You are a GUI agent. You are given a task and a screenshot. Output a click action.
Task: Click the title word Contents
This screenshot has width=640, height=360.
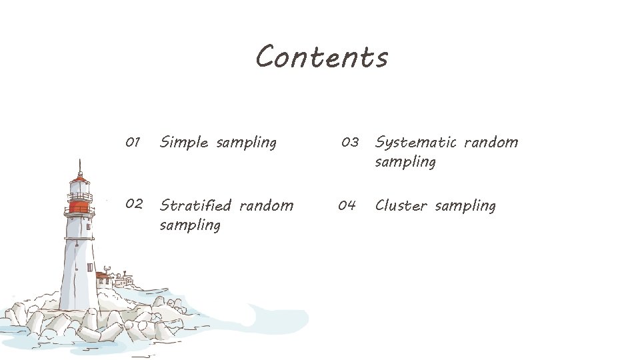[x=321, y=57]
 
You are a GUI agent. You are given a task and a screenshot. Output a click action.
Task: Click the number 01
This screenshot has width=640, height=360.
[x=133, y=142]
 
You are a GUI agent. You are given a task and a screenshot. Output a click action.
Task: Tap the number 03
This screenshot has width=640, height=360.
[x=350, y=142]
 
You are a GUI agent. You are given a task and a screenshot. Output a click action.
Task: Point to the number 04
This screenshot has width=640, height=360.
[x=347, y=205]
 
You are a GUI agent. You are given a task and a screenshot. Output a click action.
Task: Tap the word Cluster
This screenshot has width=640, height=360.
[x=401, y=205]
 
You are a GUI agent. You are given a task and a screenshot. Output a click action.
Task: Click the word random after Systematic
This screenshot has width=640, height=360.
[x=491, y=142]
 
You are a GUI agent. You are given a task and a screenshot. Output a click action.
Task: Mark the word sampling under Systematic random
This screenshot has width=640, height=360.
[x=405, y=162]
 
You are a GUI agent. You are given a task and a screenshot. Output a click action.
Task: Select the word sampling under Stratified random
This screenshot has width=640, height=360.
[x=190, y=225]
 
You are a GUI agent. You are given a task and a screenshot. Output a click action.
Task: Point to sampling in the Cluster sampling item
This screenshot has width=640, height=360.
[x=465, y=206]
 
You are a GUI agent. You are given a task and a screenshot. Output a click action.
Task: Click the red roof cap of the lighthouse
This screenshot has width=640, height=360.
[x=80, y=178]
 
